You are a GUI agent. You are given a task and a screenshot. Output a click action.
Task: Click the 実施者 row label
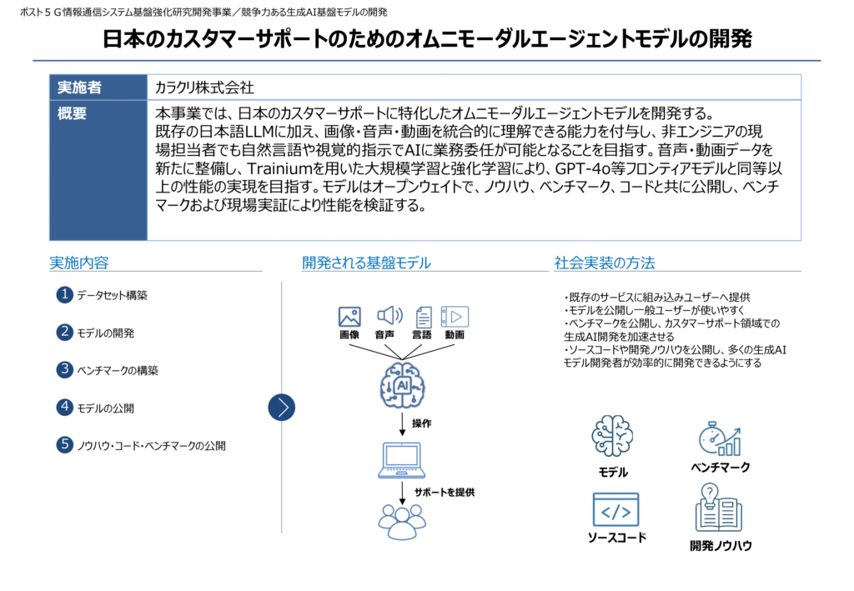click(x=79, y=87)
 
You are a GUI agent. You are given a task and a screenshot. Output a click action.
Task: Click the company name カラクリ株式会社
click(x=204, y=87)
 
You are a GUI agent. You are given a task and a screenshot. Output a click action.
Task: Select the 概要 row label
click(x=72, y=113)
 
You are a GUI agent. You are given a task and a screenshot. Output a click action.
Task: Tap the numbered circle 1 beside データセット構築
click(x=65, y=295)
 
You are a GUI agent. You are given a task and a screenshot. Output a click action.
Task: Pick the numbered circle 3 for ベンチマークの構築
click(x=65, y=369)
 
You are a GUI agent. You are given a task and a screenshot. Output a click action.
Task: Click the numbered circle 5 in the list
click(x=65, y=444)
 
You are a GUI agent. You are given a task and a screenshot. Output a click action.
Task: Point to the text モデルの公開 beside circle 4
click(x=105, y=408)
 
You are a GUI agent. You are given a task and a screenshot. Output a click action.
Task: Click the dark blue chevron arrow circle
click(x=282, y=407)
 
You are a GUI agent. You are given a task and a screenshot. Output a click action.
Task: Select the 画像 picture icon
click(x=349, y=317)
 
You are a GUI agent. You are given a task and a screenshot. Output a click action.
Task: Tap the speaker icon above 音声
click(x=389, y=316)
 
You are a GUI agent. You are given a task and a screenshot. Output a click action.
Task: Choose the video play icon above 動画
click(x=455, y=317)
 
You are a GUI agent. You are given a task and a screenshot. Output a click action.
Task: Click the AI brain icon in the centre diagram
click(x=403, y=386)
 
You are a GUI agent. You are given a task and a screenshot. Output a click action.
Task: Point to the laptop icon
click(x=402, y=460)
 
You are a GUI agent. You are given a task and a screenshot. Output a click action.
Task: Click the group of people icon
click(x=402, y=522)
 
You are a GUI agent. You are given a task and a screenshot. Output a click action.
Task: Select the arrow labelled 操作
click(x=403, y=424)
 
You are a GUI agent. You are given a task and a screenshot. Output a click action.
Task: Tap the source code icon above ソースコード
click(x=615, y=510)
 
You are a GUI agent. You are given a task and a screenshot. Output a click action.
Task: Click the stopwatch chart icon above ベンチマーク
click(x=720, y=438)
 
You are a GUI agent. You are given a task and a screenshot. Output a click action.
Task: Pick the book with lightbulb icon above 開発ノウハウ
click(x=718, y=507)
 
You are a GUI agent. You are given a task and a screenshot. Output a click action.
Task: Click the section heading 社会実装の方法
click(x=605, y=263)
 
